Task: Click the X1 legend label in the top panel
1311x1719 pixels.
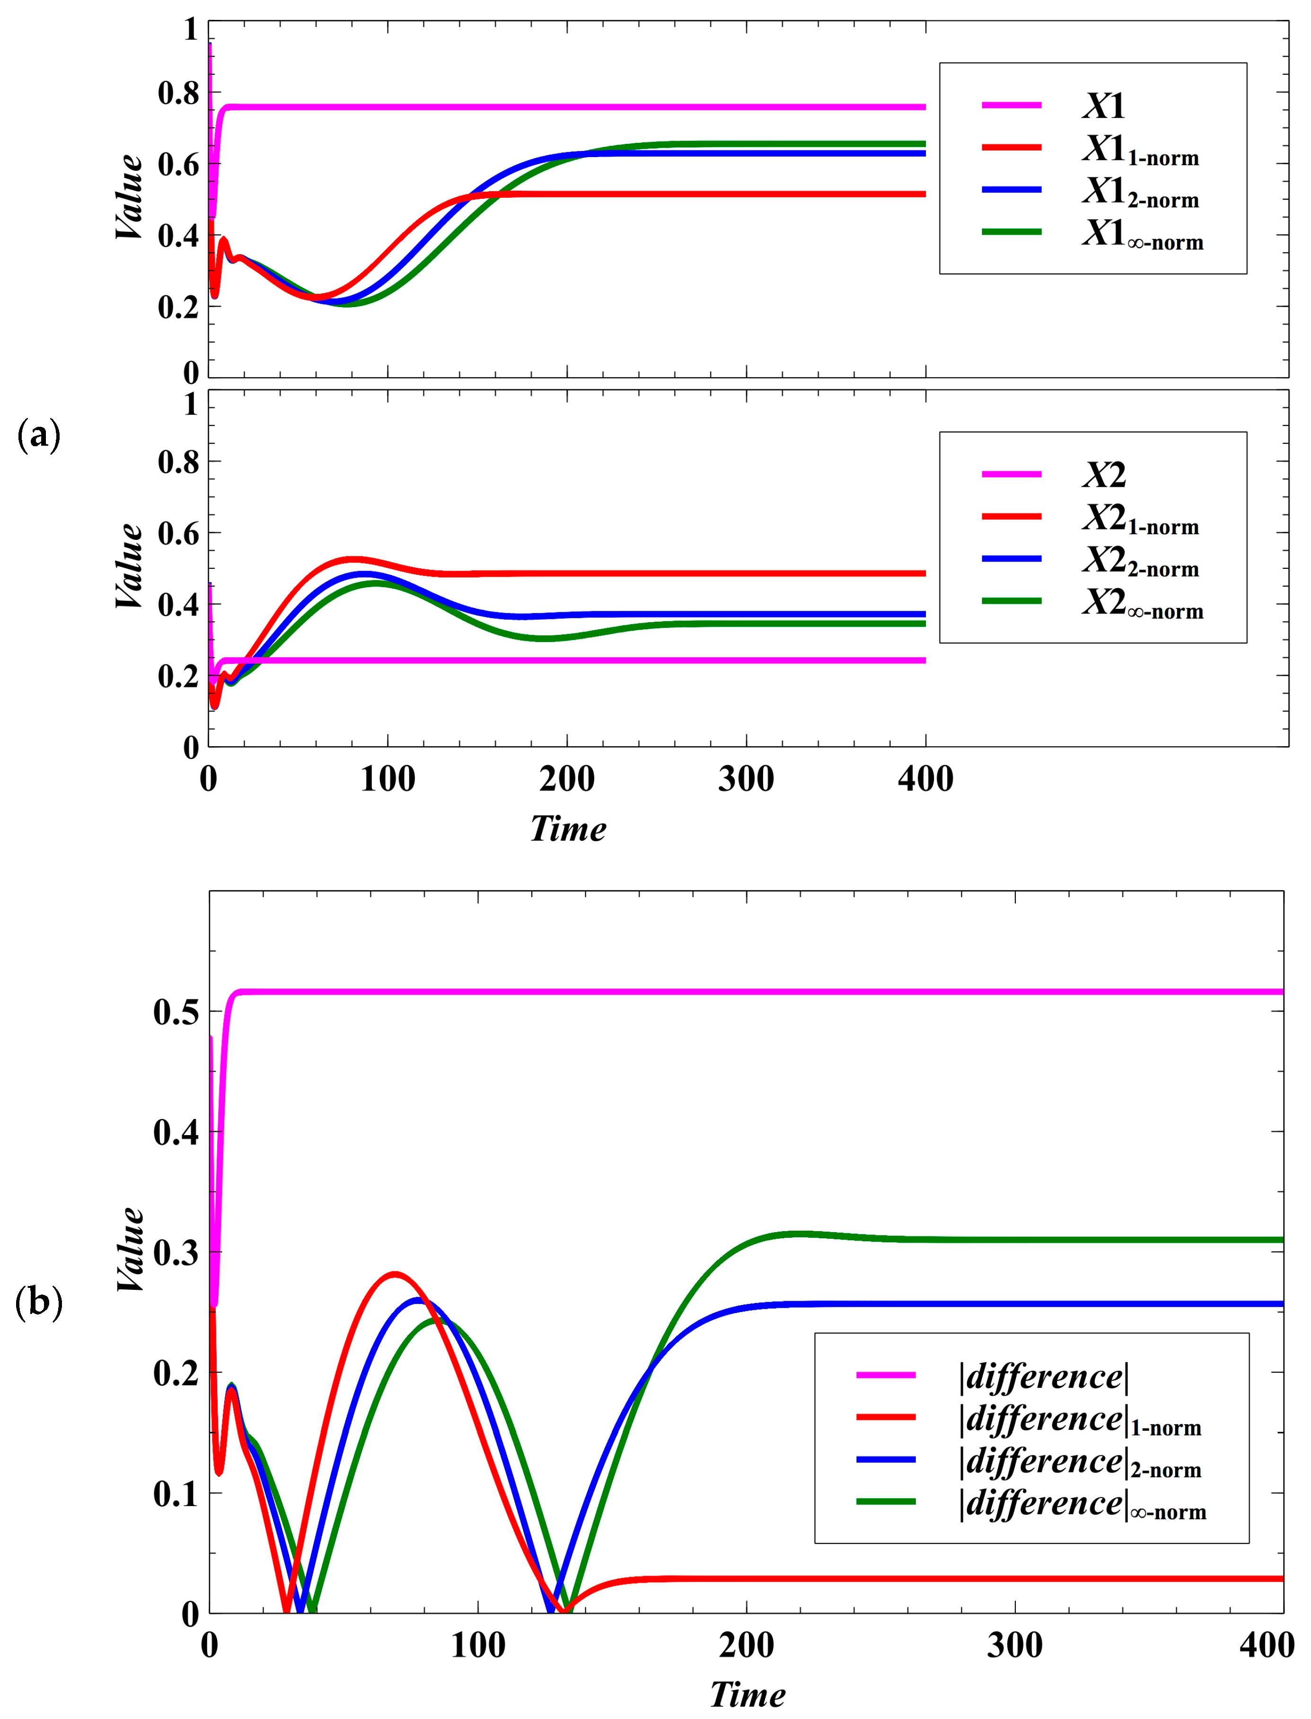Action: point(1103,106)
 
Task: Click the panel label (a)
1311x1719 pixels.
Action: point(38,435)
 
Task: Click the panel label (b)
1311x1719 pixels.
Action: point(38,1302)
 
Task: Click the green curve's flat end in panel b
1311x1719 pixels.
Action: point(1272,1240)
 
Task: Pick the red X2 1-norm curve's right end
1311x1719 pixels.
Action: point(921,573)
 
